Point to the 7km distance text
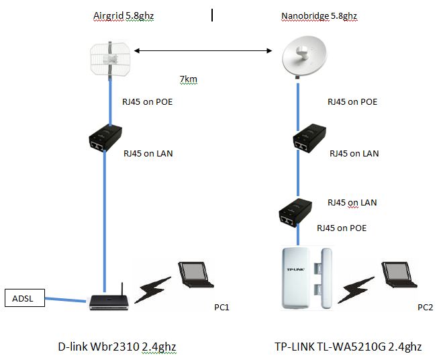188,80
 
